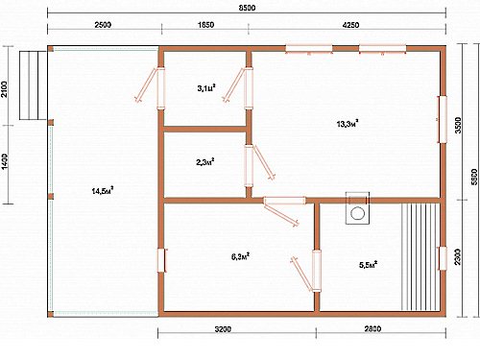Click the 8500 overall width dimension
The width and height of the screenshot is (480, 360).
(x=247, y=8)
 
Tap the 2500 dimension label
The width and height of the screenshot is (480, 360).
(x=103, y=25)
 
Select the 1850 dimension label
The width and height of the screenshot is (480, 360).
(x=205, y=25)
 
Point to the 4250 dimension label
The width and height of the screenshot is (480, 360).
(x=350, y=25)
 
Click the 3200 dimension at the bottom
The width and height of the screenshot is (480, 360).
(x=223, y=329)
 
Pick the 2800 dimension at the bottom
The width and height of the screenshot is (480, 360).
(x=372, y=329)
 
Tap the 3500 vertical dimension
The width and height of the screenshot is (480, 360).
(x=458, y=126)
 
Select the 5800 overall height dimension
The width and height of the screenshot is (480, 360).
(x=474, y=177)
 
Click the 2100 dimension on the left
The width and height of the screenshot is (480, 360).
(x=4, y=89)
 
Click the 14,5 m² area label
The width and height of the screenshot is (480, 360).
(x=103, y=191)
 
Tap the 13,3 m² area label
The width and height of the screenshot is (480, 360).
(x=348, y=124)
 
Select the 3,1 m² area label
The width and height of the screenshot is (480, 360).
(x=206, y=87)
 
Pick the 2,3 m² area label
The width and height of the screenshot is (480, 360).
(x=205, y=162)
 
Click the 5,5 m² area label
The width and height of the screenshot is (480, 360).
(x=369, y=265)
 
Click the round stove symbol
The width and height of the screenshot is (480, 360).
(x=357, y=213)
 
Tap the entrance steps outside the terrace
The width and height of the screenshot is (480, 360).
(x=33, y=85)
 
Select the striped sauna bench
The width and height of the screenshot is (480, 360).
(x=420, y=256)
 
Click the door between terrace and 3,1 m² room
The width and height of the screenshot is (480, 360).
(x=160, y=88)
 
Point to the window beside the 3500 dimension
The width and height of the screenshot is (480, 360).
(x=443, y=119)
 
